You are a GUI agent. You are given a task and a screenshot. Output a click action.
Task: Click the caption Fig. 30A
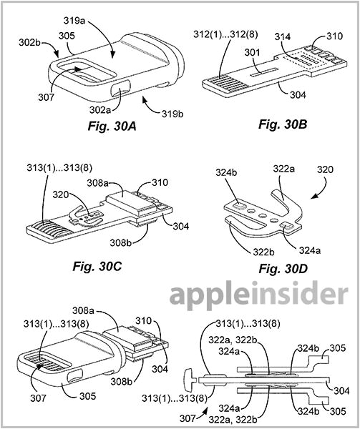(112, 127)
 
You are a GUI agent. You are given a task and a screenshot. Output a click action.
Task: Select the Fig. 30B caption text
(283, 124)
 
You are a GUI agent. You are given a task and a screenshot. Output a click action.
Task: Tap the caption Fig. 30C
(97, 266)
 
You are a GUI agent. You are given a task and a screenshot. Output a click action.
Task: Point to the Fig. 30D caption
(283, 269)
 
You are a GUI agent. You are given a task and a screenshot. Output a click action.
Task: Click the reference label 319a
(74, 21)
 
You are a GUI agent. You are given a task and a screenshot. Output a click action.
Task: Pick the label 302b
(30, 42)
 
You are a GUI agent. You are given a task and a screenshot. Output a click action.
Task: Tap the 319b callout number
(172, 114)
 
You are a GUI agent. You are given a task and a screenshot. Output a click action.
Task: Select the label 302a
(100, 109)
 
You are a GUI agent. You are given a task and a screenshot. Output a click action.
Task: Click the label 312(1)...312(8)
(225, 34)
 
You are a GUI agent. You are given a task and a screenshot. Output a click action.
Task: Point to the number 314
(283, 36)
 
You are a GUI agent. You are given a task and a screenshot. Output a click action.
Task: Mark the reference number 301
(252, 52)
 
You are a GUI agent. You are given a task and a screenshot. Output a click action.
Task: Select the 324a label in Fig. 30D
(310, 250)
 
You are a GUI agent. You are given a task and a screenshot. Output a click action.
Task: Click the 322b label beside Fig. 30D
(263, 252)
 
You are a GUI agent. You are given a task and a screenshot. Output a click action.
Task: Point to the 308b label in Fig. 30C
(121, 242)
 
